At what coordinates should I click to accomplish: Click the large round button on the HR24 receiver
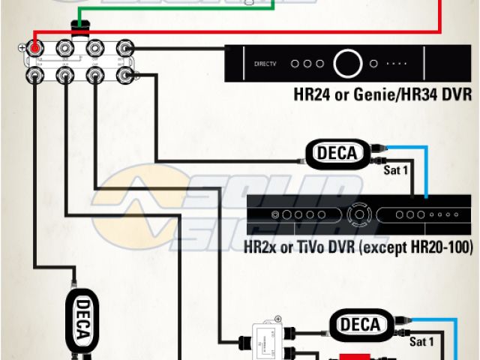point(348,63)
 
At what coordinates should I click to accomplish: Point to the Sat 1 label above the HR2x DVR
point(396,171)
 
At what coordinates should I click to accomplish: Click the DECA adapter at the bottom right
point(361,324)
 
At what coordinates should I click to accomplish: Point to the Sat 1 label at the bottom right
point(422,341)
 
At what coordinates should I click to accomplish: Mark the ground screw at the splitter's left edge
point(21,49)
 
